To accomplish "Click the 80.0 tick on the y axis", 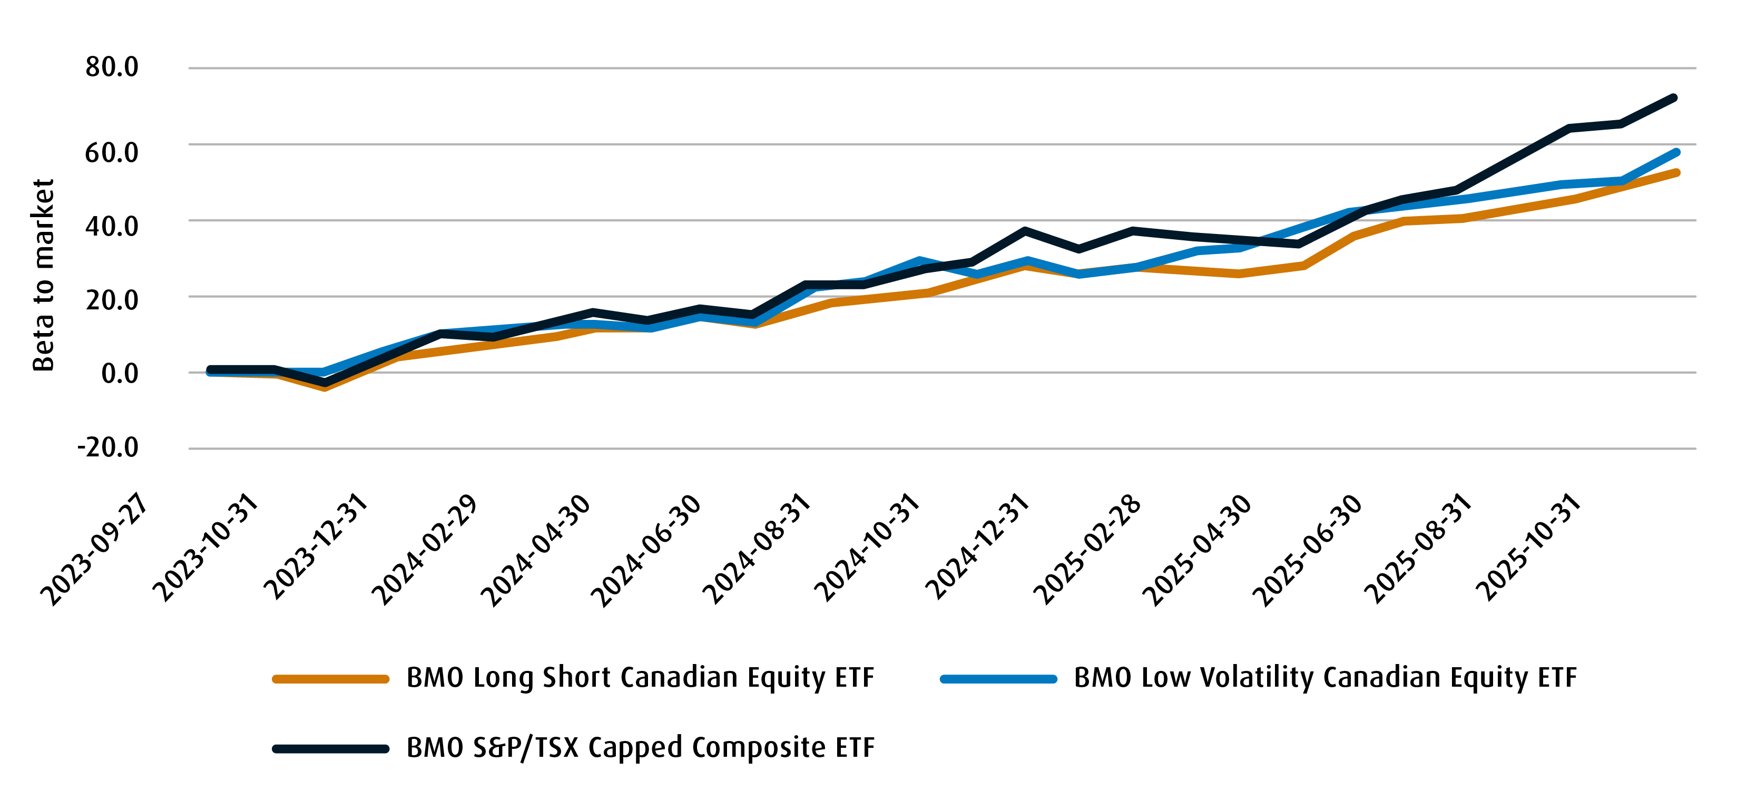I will point(111,67).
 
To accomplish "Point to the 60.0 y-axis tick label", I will point(111,152).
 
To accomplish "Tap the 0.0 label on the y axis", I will point(120,373).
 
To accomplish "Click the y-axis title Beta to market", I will point(43,275).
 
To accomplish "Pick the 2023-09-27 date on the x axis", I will point(94,550).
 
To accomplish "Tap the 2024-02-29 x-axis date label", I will point(425,550).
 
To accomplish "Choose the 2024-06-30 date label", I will point(645,550).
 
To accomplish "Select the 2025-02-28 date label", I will point(1087,550).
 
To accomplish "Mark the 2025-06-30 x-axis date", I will point(1307,550).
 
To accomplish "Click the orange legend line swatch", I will point(330,679).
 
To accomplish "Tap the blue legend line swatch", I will point(998,679).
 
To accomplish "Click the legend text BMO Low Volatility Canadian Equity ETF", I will point(1325,677).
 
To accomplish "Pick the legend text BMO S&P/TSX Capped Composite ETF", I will point(640,747).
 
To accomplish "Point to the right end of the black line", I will point(1674,99).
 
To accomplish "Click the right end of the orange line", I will point(1676,173).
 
